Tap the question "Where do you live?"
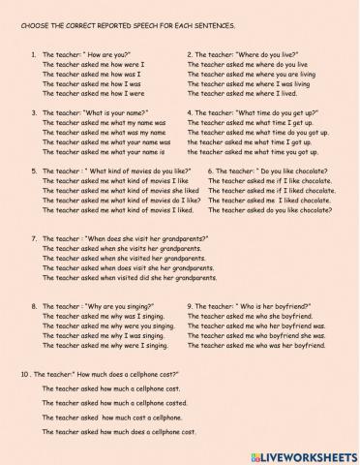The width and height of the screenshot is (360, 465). pos(245,55)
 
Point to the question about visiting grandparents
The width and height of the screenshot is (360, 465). pos(111,238)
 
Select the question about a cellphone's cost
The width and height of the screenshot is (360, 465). pos(106,373)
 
